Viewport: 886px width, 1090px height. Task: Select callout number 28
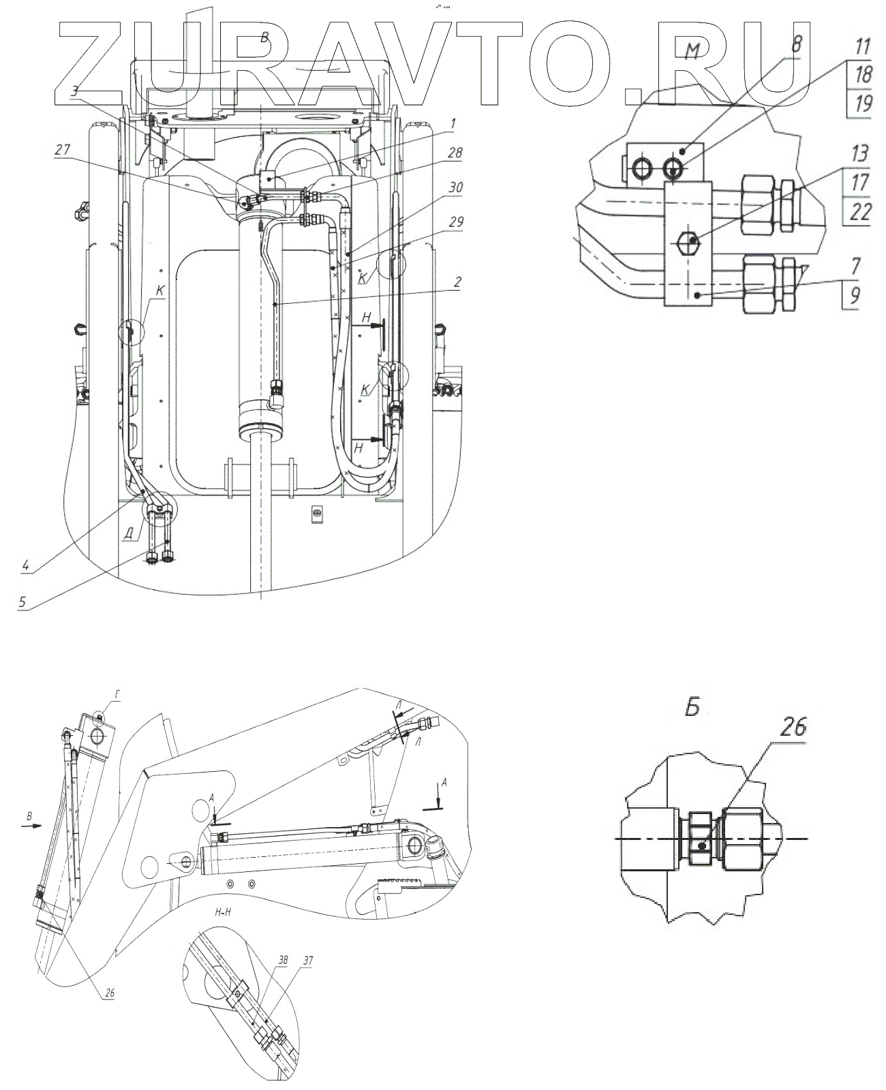pos(453,154)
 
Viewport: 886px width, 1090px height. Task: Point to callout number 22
pos(860,211)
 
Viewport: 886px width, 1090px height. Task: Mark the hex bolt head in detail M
pos(689,240)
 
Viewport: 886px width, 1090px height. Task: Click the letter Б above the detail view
pos(692,709)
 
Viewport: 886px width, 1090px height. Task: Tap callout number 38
pos(264,959)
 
